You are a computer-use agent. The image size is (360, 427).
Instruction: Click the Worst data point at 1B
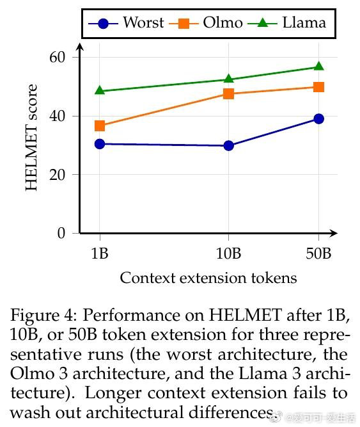pyautogui.click(x=100, y=144)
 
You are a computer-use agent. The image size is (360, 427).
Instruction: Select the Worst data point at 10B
pyautogui.click(x=229, y=146)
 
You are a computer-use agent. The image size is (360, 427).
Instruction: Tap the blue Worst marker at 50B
pyautogui.click(x=318, y=118)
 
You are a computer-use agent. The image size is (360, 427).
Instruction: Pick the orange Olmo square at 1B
pyautogui.click(x=100, y=126)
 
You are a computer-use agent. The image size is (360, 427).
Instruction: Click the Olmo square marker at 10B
pyautogui.click(x=229, y=93)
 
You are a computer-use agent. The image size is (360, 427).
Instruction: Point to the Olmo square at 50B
pyautogui.click(x=318, y=87)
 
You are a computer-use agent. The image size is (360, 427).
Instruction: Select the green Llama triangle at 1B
pyautogui.click(x=100, y=90)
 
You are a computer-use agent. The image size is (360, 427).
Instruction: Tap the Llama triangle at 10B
pyautogui.click(x=229, y=79)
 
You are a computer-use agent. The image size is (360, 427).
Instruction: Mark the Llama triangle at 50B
pyautogui.click(x=318, y=66)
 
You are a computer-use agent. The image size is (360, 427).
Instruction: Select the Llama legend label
pyautogui.click(x=304, y=22)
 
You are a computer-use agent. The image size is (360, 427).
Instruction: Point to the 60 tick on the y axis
pyautogui.click(x=58, y=57)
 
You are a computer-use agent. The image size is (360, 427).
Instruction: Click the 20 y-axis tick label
pyautogui.click(x=58, y=175)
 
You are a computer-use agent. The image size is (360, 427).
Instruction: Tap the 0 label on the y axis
pyautogui.click(x=61, y=233)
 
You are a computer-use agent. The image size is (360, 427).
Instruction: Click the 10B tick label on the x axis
pyautogui.click(x=228, y=254)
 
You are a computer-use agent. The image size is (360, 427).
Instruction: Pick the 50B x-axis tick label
pyautogui.click(x=318, y=254)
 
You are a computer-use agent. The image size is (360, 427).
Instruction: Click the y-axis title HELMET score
pyautogui.click(x=31, y=138)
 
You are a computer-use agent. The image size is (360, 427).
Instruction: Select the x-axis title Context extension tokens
pyautogui.click(x=208, y=278)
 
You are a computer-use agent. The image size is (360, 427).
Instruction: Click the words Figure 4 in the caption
pyautogui.click(x=43, y=315)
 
